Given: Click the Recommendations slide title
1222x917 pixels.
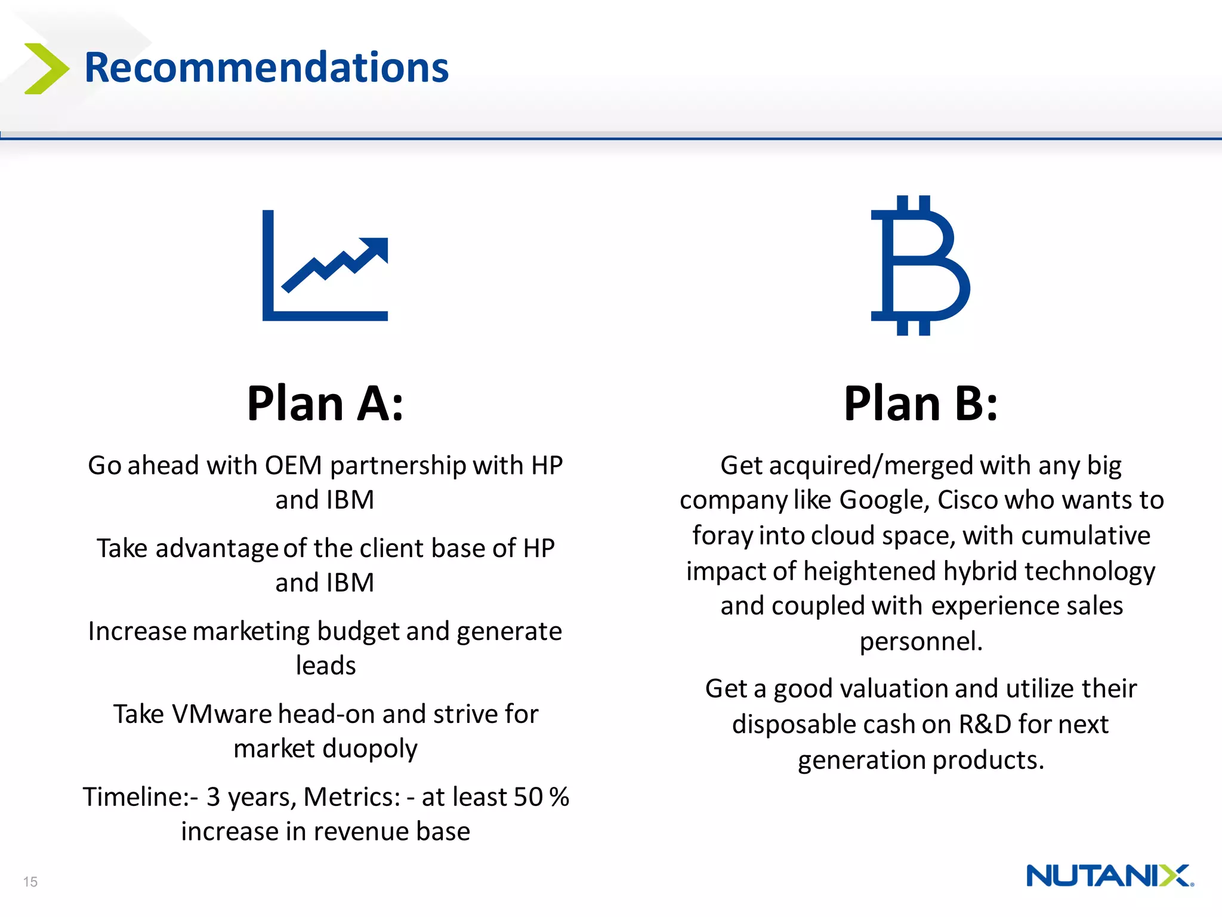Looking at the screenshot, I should coord(266,67).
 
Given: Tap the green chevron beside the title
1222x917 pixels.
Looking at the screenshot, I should coord(47,69).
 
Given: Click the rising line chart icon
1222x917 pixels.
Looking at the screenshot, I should coord(325,266).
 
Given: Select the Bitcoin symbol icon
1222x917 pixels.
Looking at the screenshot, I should coord(920,266).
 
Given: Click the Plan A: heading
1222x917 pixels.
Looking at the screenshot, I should coord(325,404).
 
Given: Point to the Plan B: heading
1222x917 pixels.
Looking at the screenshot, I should coord(920,404).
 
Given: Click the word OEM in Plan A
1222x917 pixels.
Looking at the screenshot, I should coord(293,466).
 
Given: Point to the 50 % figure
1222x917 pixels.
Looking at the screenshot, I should coord(541,797).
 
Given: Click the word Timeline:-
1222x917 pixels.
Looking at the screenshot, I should coord(141,797).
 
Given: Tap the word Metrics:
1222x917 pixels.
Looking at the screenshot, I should coord(351,797).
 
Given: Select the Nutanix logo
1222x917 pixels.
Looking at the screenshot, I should coord(1109,876).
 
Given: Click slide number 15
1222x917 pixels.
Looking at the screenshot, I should coord(30,882).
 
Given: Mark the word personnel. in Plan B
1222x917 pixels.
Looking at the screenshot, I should coord(920,642).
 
